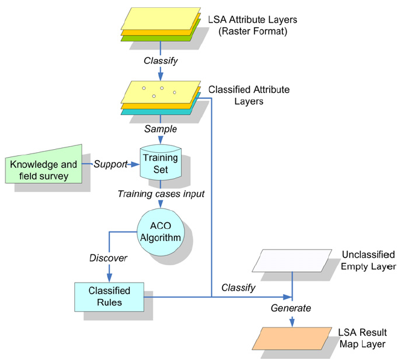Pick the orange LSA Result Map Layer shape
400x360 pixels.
pos(293,338)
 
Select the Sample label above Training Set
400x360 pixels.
pos(160,129)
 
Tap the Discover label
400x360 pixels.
pos(109,258)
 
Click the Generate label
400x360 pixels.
pos(291,308)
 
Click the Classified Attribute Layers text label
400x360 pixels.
pos(249,95)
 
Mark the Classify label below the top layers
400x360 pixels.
pos(160,60)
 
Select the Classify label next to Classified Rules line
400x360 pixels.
pos(238,288)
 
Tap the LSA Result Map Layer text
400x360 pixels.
pos(362,338)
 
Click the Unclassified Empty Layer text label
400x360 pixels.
pos(368,260)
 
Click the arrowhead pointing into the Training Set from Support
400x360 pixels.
pos(136,164)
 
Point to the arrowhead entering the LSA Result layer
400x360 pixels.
pos(293,323)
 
